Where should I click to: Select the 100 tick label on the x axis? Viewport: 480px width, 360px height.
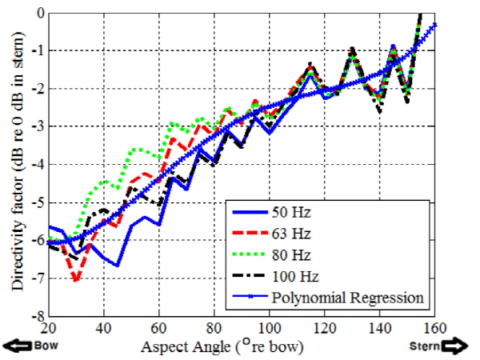[270, 327]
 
